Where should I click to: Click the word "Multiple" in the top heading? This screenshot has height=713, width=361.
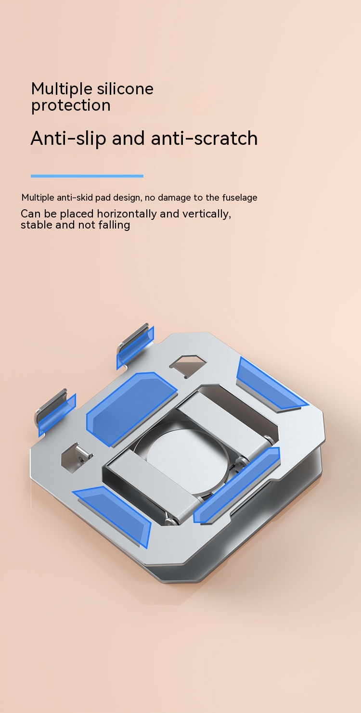(x=62, y=89)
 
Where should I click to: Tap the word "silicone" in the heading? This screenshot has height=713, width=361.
(x=125, y=89)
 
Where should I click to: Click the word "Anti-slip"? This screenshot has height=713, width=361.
(x=68, y=139)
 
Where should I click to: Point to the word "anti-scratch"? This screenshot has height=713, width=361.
(x=204, y=138)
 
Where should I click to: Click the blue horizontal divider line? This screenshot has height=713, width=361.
(x=87, y=176)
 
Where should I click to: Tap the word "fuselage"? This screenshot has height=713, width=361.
(x=239, y=198)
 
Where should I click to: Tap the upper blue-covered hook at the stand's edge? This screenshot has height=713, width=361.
(x=135, y=347)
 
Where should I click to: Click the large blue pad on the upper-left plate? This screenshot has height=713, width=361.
(x=131, y=408)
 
